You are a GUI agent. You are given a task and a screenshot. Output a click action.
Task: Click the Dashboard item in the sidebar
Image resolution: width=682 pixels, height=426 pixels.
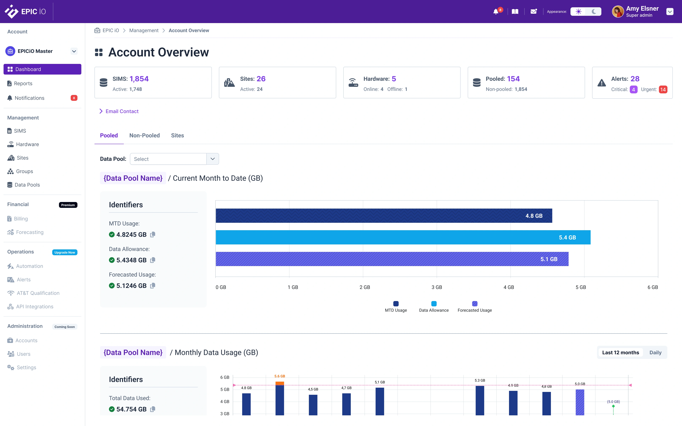click(42, 69)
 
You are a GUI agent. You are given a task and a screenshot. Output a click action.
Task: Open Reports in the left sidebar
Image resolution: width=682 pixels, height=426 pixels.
click(23, 83)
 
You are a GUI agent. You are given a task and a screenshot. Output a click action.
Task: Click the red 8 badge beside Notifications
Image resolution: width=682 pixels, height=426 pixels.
click(74, 98)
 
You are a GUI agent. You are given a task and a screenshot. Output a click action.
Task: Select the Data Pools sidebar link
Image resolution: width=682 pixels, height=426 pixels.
click(27, 185)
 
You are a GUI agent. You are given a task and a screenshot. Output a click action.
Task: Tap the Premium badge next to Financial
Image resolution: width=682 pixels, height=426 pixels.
click(68, 205)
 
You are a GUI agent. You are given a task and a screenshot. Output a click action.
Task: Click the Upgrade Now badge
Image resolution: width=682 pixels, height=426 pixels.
click(64, 252)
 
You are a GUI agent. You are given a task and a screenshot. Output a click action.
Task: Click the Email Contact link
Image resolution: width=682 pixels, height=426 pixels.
click(122, 111)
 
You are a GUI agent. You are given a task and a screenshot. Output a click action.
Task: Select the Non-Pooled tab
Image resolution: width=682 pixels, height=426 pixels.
click(144, 135)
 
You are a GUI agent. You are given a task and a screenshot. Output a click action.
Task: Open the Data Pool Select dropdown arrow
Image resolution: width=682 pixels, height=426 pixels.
click(212, 159)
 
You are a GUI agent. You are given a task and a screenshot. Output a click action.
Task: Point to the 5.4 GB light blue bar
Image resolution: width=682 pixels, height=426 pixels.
click(403, 237)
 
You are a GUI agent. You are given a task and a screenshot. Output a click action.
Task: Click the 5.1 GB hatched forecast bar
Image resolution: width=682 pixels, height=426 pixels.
click(392, 259)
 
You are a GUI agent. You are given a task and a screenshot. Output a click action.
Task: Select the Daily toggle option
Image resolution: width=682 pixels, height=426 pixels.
click(655, 353)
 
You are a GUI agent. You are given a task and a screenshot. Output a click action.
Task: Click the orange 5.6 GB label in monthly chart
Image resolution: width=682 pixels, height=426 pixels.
click(280, 376)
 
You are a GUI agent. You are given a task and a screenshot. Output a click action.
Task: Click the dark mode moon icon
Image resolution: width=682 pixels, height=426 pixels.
click(594, 12)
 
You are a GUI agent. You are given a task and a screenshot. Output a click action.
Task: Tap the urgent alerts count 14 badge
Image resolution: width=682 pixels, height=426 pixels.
click(663, 90)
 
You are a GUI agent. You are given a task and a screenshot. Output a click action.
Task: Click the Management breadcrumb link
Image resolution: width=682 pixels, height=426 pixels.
click(144, 30)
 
